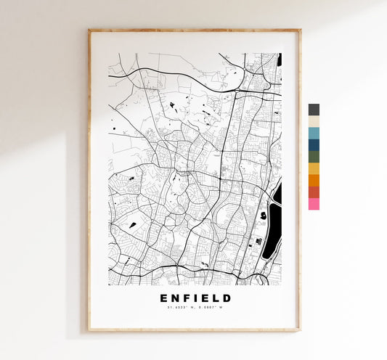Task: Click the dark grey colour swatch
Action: coord(314,110)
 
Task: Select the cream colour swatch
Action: coord(314,121)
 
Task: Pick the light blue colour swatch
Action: coord(314,133)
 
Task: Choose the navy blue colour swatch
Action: coord(314,144)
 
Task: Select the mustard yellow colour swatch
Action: coord(314,168)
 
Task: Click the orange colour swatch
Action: coord(314,180)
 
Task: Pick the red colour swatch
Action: coord(314,192)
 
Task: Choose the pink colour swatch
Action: coord(314,204)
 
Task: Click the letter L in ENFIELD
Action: coord(216,298)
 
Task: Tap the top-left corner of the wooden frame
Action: coord(89,30)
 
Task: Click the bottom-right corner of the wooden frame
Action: coord(299,330)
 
